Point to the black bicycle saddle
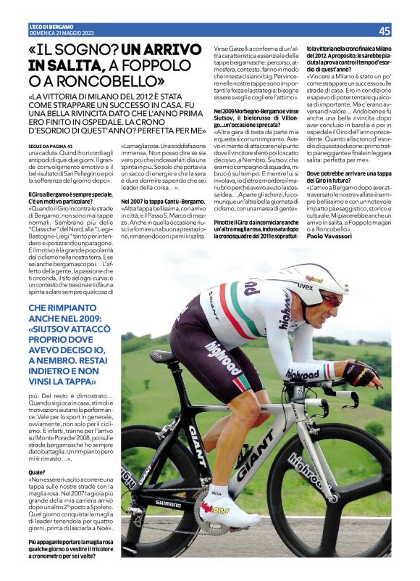(165, 356)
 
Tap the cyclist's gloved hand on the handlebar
(362, 375)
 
